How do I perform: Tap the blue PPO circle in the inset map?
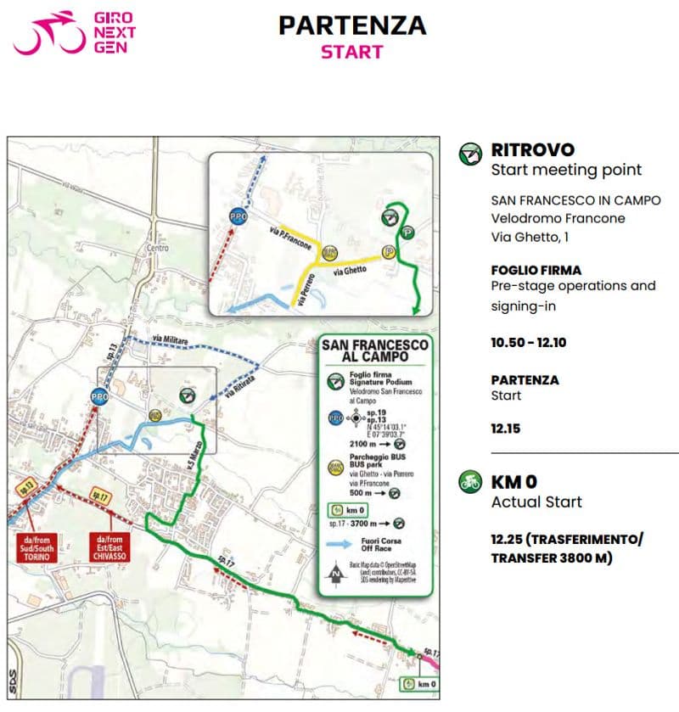point(238,217)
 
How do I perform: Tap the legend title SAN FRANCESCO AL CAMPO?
point(374,351)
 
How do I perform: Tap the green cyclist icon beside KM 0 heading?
point(469,482)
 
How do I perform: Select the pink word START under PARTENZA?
point(351,51)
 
